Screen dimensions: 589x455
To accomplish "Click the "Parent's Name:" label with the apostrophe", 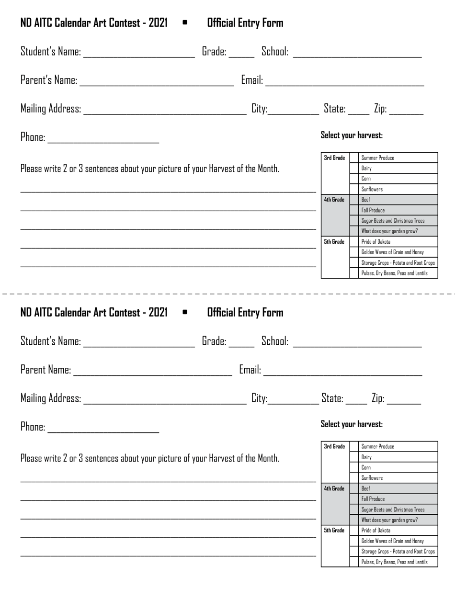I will pos(48,80).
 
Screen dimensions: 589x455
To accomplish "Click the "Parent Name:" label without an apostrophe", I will pos(45,370).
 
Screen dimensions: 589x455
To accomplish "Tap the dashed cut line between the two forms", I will pos(227,293).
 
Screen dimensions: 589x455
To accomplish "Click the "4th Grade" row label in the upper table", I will pos(334,200).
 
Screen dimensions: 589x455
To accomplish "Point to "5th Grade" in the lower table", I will pos(334,531).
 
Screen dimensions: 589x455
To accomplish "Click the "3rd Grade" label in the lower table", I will pos(334,447).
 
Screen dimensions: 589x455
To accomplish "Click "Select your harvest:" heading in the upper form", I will pos(352,135).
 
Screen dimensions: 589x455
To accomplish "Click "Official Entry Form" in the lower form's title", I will pos(245,313).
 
